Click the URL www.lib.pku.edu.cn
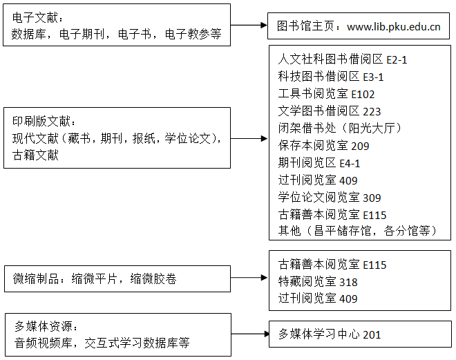pyautogui.click(x=394, y=27)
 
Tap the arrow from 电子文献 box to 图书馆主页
pyautogui.click(x=249, y=26)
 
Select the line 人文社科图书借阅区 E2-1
pyautogui.click(x=342, y=59)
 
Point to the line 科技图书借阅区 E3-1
pyautogui.click(x=331, y=77)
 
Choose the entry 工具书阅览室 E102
pyautogui.click(x=326, y=94)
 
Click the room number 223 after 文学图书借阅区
pyautogui.click(x=372, y=111)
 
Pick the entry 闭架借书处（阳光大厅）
pyautogui.click(x=340, y=128)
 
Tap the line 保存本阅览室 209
pyautogui.click(x=323, y=145)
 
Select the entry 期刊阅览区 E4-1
pyautogui.click(x=319, y=163)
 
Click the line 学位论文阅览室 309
pyautogui.click(x=329, y=197)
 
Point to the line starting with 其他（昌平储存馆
pyautogui.click(x=357, y=231)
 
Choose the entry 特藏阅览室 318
pyautogui.click(x=318, y=281)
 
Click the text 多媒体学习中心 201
pyautogui.click(x=330, y=334)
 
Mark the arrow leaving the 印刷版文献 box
pyautogui.click(x=249, y=139)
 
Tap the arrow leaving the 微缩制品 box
pyautogui.click(x=249, y=278)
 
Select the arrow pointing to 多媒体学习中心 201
pyautogui.click(x=250, y=334)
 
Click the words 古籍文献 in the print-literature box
pyautogui.click(x=35, y=155)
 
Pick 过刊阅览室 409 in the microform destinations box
pyautogui.click(x=318, y=299)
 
